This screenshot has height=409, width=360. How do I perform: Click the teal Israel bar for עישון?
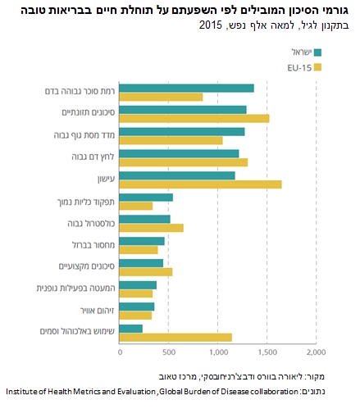(x=177, y=175)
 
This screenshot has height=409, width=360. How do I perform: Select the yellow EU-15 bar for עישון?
(x=201, y=184)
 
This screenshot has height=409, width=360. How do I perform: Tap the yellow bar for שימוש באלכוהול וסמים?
(x=175, y=338)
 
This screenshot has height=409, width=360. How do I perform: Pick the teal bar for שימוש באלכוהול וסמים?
(x=131, y=329)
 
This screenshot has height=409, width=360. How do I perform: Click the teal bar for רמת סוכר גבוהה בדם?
(x=187, y=89)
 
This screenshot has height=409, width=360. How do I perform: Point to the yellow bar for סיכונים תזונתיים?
(x=194, y=119)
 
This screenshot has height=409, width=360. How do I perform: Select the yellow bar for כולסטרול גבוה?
(x=152, y=228)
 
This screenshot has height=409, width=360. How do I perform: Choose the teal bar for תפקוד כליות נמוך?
(x=146, y=198)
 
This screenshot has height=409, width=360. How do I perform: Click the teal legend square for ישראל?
(x=317, y=52)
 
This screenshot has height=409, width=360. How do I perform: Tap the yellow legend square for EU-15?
(x=317, y=67)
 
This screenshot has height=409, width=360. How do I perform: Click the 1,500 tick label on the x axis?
(x=267, y=352)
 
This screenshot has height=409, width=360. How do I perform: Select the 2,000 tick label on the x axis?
(x=316, y=352)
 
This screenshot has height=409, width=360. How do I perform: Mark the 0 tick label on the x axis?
(x=120, y=352)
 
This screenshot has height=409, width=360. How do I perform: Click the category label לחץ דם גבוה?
(x=93, y=157)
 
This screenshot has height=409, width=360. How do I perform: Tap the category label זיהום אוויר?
(x=98, y=311)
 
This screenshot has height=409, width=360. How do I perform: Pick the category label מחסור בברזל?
(x=93, y=245)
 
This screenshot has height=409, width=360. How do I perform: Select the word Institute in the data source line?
(x=22, y=392)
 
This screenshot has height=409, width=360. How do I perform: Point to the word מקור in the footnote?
(x=315, y=377)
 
